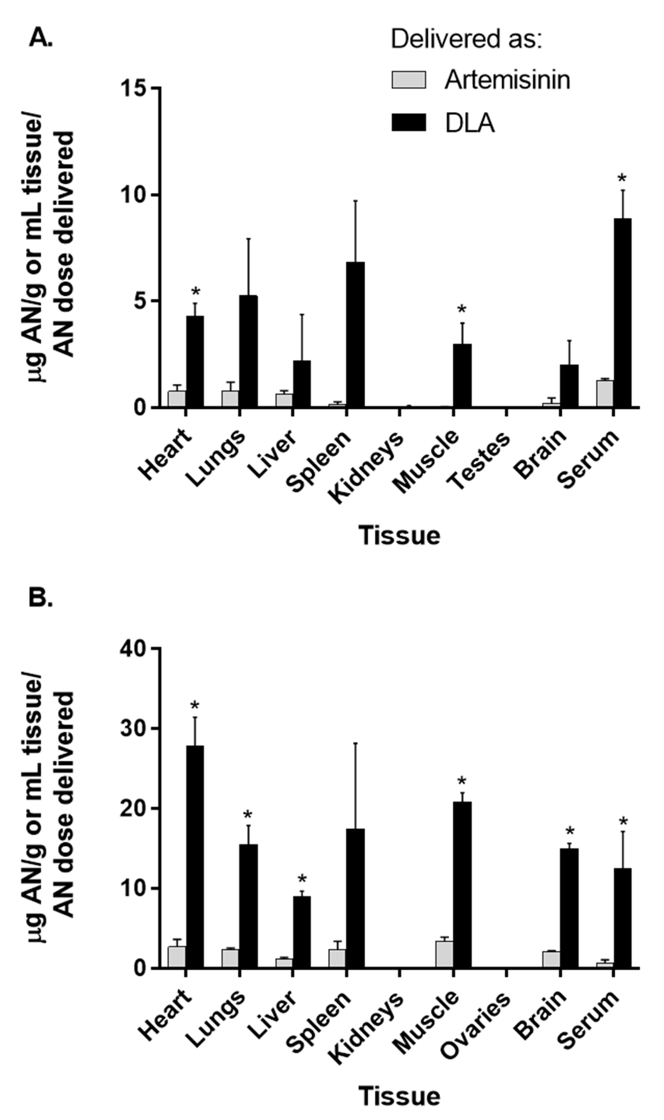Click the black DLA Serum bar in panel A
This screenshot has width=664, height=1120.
(x=622, y=313)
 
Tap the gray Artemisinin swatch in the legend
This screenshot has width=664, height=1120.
(x=408, y=80)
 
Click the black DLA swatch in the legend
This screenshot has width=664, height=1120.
(x=408, y=122)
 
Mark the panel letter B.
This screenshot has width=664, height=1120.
(x=41, y=598)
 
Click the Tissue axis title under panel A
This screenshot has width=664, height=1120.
(x=399, y=536)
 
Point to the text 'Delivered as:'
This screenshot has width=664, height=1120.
(x=466, y=39)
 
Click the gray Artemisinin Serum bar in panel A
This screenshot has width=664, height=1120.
(x=604, y=394)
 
